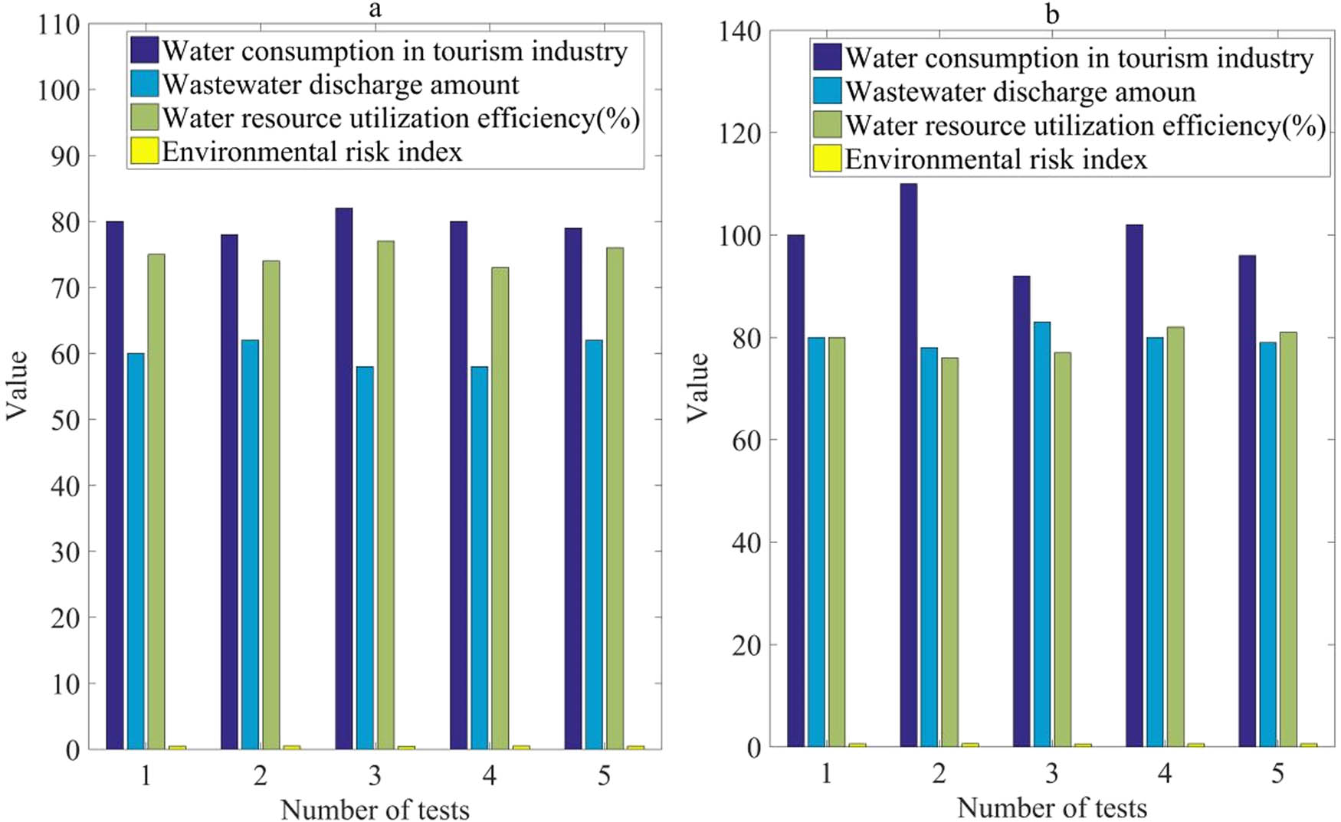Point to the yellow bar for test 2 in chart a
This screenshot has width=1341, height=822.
pyautogui.click(x=291, y=747)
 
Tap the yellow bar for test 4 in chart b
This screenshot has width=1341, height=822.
pyautogui.click(x=1195, y=745)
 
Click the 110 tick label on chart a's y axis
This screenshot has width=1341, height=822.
pyautogui.click(x=59, y=25)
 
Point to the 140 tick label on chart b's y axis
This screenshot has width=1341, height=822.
pyautogui.click(x=739, y=31)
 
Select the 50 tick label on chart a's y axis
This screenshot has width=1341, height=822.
pyautogui.click(x=65, y=420)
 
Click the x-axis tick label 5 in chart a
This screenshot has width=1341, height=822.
pyautogui.click(x=604, y=776)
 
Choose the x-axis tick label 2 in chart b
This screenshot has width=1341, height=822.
pyautogui.click(x=939, y=774)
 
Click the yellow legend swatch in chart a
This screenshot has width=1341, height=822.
pyautogui.click(x=144, y=151)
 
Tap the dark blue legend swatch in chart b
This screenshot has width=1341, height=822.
pyautogui.click(x=827, y=57)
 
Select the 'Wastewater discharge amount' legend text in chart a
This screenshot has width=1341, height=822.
pyautogui.click(x=341, y=84)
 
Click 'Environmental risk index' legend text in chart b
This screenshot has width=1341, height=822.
pyautogui.click(x=995, y=159)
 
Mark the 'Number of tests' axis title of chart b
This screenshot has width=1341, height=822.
pyautogui.click(x=1051, y=807)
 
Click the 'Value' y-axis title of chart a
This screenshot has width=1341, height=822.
pyautogui.click(x=17, y=385)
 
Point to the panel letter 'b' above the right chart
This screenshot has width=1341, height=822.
pyautogui.click(x=1052, y=14)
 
